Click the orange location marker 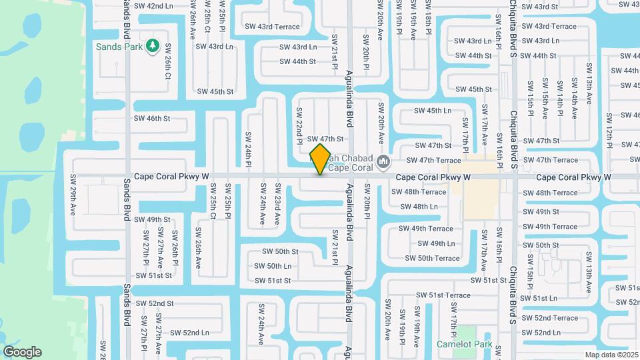[x=321, y=159]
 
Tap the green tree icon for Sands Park [x=153, y=45]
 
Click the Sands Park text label [x=120, y=47]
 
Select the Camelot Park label [x=464, y=345]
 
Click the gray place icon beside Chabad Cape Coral [x=383, y=161]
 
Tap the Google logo [x=22, y=352]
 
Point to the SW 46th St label [x=152, y=118]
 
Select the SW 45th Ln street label [x=433, y=111]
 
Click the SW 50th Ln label [x=273, y=266]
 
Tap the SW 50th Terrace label [x=432, y=258]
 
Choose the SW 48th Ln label [x=419, y=207]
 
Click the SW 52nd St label [x=155, y=303]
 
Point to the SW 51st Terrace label [x=443, y=295]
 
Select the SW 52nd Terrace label [x=550, y=318]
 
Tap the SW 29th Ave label [x=73, y=200]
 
